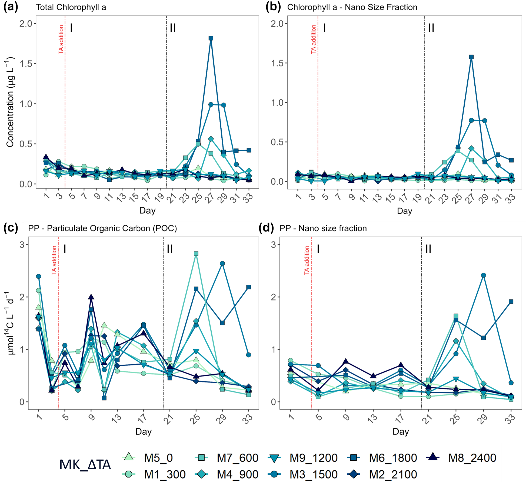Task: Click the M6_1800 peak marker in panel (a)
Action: coord(211,38)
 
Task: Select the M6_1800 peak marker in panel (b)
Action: coord(471,57)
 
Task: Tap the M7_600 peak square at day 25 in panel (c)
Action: coord(196,253)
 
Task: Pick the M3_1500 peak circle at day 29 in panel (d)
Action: coord(484,275)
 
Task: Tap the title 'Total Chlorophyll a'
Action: coord(71,7)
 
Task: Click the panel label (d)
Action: coord(266,228)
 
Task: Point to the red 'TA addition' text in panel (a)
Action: coord(61,39)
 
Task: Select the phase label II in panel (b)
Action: coord(431,28)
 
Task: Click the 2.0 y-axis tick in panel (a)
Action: coord(26,24)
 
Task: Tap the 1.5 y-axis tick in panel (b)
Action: coord(277,63)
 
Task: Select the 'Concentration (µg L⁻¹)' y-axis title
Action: coord(10,102)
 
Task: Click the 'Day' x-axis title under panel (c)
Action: coord(144,432)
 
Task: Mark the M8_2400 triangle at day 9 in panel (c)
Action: coord(91,297)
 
